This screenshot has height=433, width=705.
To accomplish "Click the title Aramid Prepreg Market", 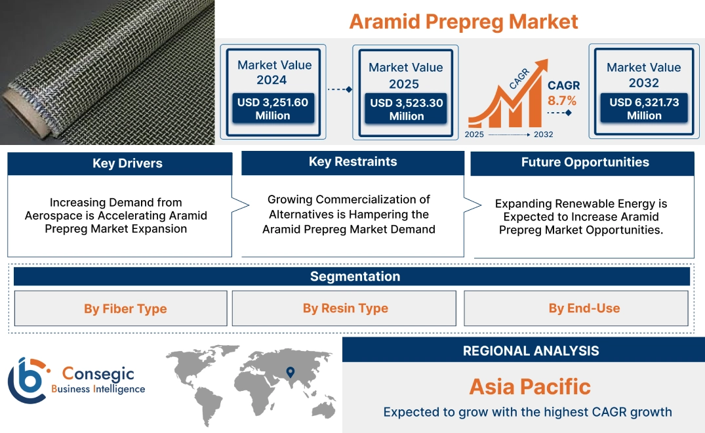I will tap(463, 21).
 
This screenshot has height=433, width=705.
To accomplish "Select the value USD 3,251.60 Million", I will tap(272, 109).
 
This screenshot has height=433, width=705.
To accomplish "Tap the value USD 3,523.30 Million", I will tap(406, 110).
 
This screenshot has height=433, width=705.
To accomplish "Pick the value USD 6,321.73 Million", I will tap(644, 109).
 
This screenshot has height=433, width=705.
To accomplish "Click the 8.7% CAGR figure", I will tap(562, 101).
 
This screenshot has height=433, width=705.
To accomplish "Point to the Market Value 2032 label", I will tap(643, 75).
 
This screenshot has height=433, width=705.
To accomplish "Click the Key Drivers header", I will tap(127, 163).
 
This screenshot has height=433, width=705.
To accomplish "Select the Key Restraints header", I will tap(353, 162).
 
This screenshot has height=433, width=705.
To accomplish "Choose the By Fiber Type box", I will tap(125, 309).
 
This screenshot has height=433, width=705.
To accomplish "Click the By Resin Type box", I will tap(345, 308).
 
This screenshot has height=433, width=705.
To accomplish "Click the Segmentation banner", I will tap(355, 277).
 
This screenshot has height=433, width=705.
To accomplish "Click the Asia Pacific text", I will tap(530, 386).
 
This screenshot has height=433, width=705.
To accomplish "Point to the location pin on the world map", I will tap(289, 373).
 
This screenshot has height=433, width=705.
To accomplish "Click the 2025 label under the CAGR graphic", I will tap(475, 134).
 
